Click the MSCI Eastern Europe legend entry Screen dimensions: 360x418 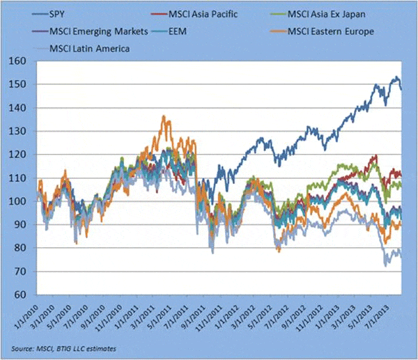(x=333, y=31)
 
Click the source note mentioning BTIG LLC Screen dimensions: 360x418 (x=63, y=346)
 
